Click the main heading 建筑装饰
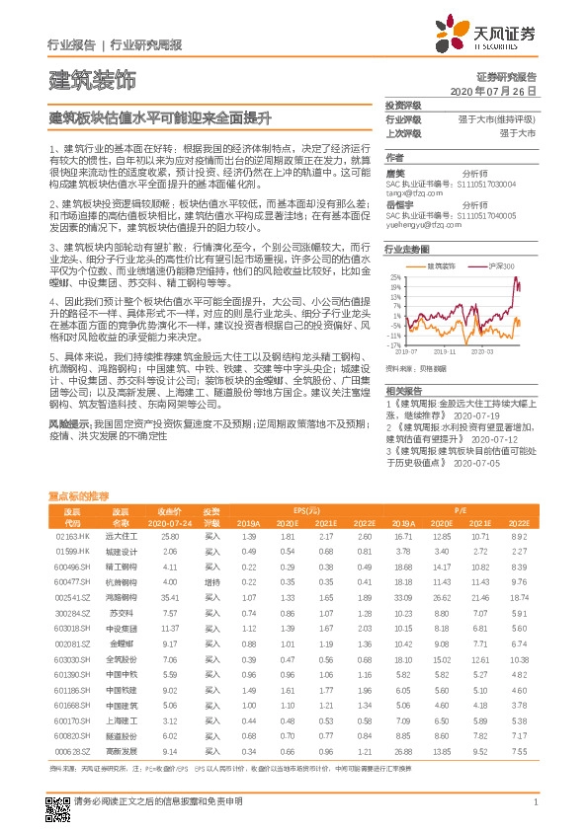click(91, 80)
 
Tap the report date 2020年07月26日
click(492, 91)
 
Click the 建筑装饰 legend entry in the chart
click(441, 265)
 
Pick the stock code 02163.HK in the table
click(73, 535)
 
